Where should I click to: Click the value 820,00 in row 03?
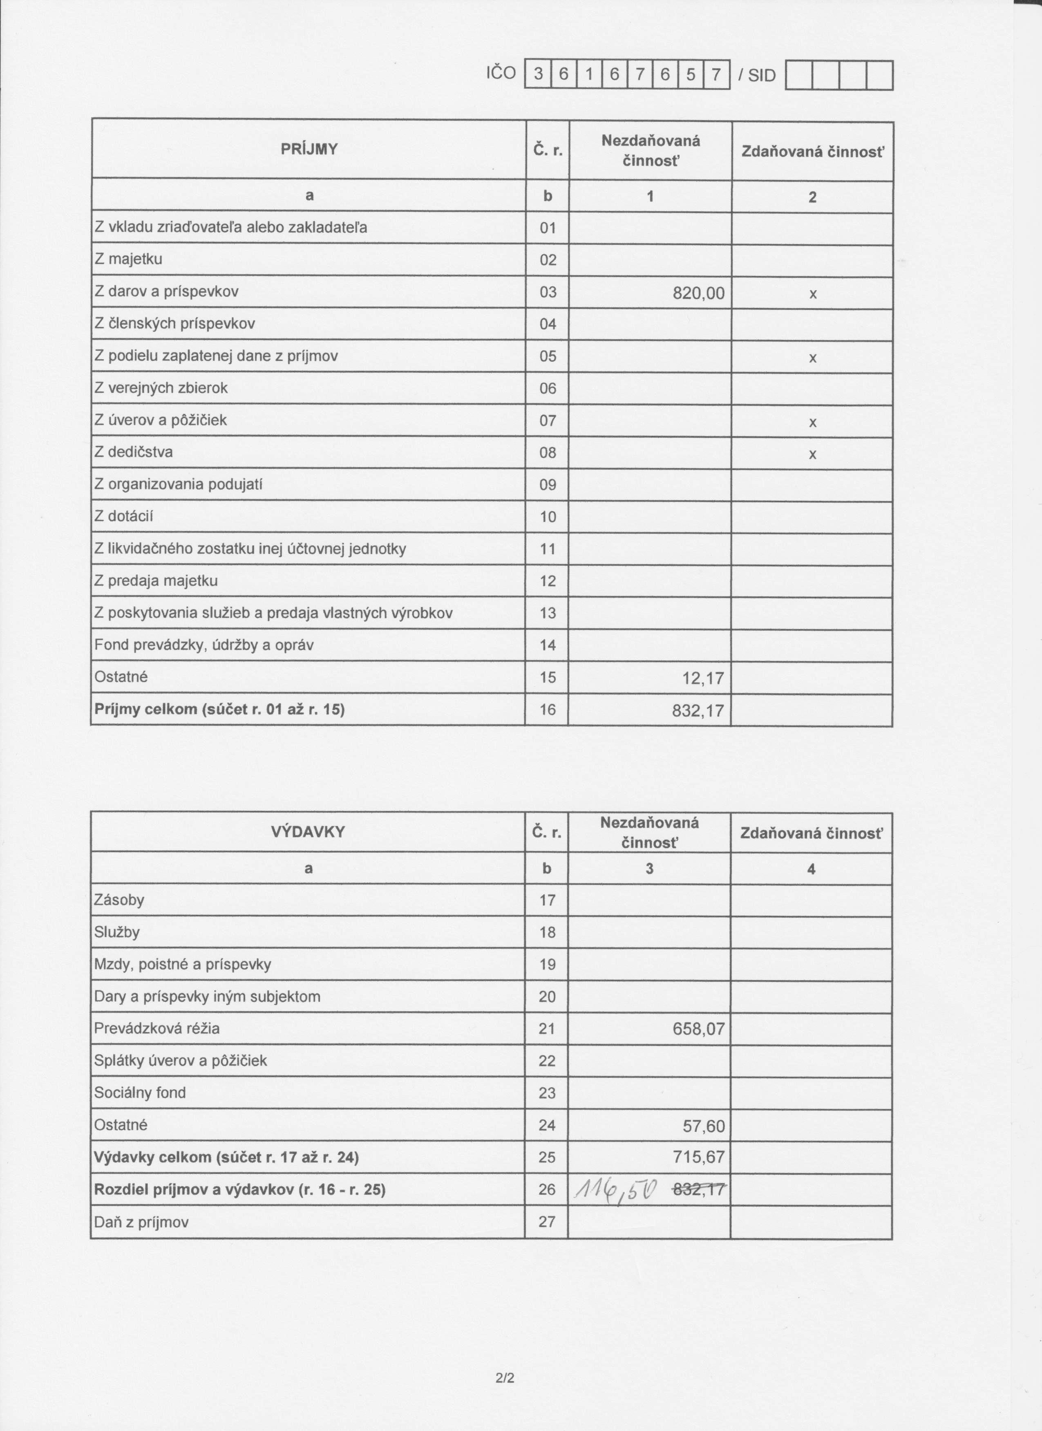click(698, 293)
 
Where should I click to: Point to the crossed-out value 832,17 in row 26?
click(699, 1190)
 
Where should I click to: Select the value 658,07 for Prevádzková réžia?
click(698, 1030)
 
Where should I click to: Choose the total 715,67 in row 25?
click(698, 1157)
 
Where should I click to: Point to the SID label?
click(761, 76)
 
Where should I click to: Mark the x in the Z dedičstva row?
click(812, 454)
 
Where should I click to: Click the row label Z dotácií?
click(124, 517)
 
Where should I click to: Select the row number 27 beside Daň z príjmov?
click(547, 1222)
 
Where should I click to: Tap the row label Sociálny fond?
click(140, 1093)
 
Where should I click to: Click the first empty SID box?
click(798, 76)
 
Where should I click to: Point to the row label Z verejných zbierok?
click(161, 388)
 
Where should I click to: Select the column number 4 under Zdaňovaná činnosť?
click(811, 869)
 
